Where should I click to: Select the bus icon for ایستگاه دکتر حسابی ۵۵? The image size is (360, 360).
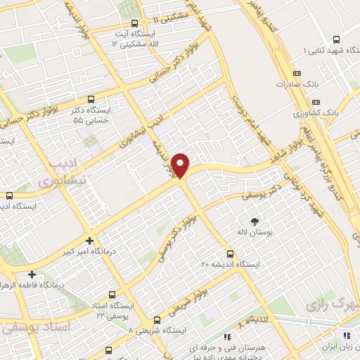coord(91,100)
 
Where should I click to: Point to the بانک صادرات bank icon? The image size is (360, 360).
coord(296,73)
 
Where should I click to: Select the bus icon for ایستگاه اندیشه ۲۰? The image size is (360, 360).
coord(229,254)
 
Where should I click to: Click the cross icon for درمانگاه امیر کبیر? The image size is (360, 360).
coord(89,240)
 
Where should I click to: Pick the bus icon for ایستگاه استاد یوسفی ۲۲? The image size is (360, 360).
coord(111,296)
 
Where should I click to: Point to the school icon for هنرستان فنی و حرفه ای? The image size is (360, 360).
coord(224,337)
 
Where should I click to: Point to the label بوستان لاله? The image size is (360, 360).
coord(263,232)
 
